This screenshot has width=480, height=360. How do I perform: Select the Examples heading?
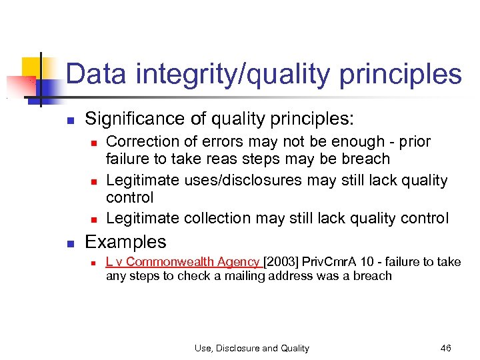point(125,242)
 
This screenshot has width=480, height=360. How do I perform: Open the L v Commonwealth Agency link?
point(183,263)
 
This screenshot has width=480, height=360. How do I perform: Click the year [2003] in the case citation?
point(282,263)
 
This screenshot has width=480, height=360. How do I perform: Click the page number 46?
point(446,348)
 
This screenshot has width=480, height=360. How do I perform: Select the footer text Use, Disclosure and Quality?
point(251,348)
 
